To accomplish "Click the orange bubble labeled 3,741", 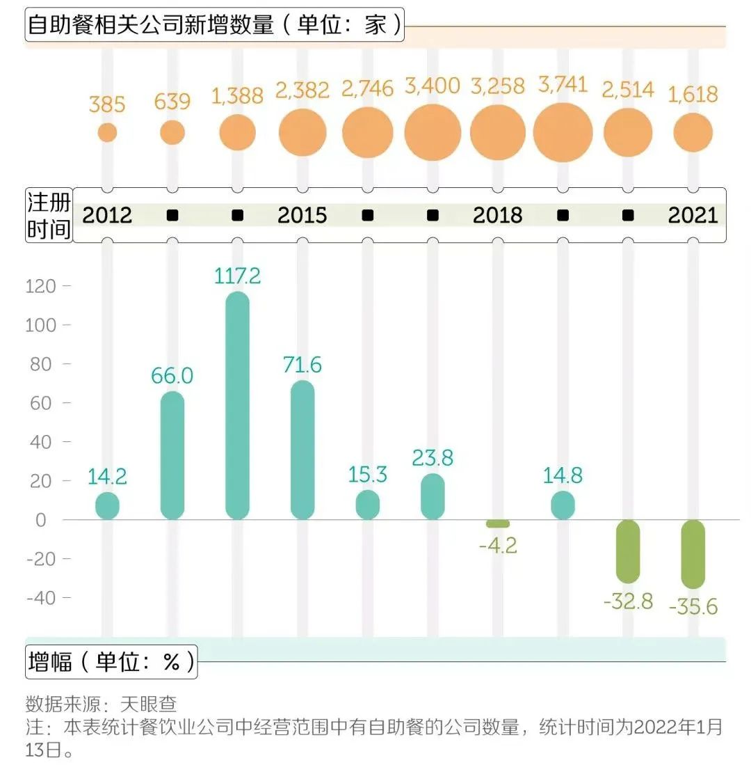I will click(563, 132).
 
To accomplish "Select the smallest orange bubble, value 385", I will click(107, 132).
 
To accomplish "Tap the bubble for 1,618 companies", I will click(693, 132).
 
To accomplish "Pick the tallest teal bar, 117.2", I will click(238, 405).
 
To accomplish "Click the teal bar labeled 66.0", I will click(172, 455).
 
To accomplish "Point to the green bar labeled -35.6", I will click(693, 554).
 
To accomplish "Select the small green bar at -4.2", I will click(498, 523).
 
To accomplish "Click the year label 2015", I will click(302, 215).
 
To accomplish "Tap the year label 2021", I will click(693, 215).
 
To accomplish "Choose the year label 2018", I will click(497, 215).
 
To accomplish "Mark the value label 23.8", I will click(433, 458).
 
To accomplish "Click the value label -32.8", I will click(628, 601).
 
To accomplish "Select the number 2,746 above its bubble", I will click(367, 88).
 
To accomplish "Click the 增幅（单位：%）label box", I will click(111, 661).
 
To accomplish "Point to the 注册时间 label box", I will click(49, 215).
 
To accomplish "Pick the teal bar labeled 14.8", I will click(563, 505).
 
